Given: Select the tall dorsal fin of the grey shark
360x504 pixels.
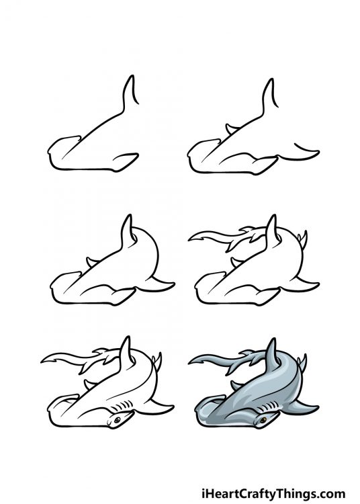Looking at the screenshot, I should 271,352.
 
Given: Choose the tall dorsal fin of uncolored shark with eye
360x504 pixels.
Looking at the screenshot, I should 125,351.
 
